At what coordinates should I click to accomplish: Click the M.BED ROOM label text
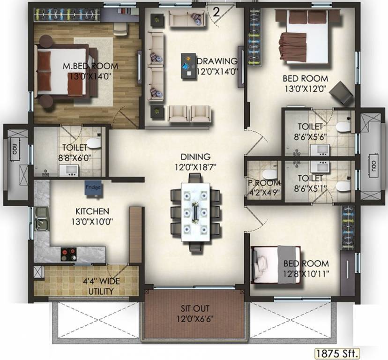tap(90, 66)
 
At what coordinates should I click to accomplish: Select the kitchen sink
tap(41, 220)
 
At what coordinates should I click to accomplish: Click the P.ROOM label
tap(264, 183)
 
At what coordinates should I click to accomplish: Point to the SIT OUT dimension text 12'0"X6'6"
tap(195, 318)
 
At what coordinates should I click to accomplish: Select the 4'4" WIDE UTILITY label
tap(98, 287)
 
